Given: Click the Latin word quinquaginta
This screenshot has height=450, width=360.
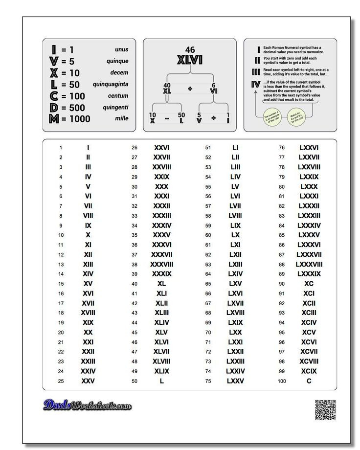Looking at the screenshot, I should (111, 84).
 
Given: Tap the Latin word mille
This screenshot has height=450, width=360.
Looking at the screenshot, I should (122, 118).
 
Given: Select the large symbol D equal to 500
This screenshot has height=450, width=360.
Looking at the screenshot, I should (54, 108).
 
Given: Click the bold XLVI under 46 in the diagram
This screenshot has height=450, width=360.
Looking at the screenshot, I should (190, 61).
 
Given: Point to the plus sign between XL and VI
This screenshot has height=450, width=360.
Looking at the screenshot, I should (190, 89).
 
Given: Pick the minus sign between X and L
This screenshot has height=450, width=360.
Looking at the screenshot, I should (167, 118).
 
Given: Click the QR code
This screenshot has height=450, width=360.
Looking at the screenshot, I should (325, 410).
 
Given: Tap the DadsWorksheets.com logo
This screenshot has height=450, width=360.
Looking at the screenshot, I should (88, 405).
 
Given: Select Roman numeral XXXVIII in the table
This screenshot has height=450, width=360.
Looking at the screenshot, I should (162, 264).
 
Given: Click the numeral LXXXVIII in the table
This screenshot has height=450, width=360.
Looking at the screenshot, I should (309, 264).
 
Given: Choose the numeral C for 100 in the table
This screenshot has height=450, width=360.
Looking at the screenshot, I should (309, 381).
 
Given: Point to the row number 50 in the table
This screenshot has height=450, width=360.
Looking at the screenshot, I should (135, 381).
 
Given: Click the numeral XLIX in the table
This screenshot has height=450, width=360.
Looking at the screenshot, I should (162, 371).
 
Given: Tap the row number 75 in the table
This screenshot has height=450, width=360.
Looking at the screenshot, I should (208, 381).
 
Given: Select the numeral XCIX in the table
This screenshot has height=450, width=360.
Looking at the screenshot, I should (309, 371).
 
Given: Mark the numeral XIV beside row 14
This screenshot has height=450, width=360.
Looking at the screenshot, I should (88, 274).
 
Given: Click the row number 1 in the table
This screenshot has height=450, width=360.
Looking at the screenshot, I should (61, 148).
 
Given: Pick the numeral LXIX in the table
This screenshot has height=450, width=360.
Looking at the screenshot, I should (235, 322).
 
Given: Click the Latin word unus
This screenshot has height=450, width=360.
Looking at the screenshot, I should (122, 49).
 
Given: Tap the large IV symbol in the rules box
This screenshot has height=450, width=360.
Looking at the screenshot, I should (256, 85).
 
